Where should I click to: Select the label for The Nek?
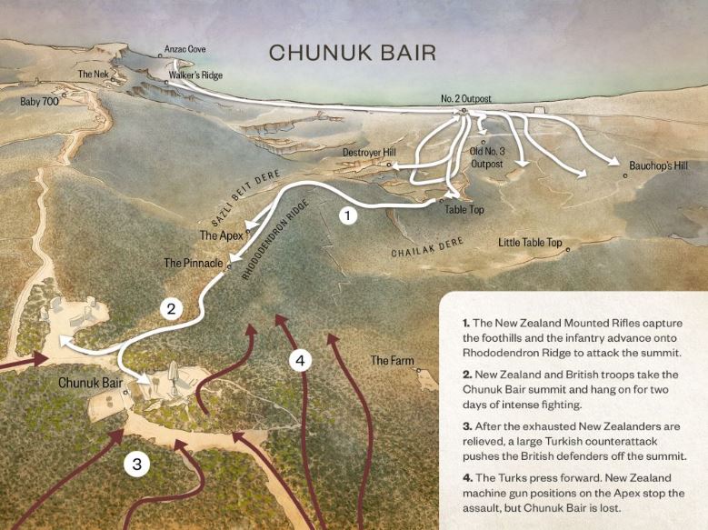pyautogui.click(x=92, y=75)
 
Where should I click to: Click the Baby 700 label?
pyautogui.click(x=39, y=102)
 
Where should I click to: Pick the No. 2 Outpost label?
pyautogui.click(x=466, y=98)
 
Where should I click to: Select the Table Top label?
pyautogui.click(x=464, y=209)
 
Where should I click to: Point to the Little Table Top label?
pyautogui.click(x=531, y=243)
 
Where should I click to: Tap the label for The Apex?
pyautogui.click(x=219, y=235)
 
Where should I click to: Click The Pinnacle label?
pyautogui.click(x=193, y=263)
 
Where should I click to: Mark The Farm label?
pyautogui.click(x=392, y=361)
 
